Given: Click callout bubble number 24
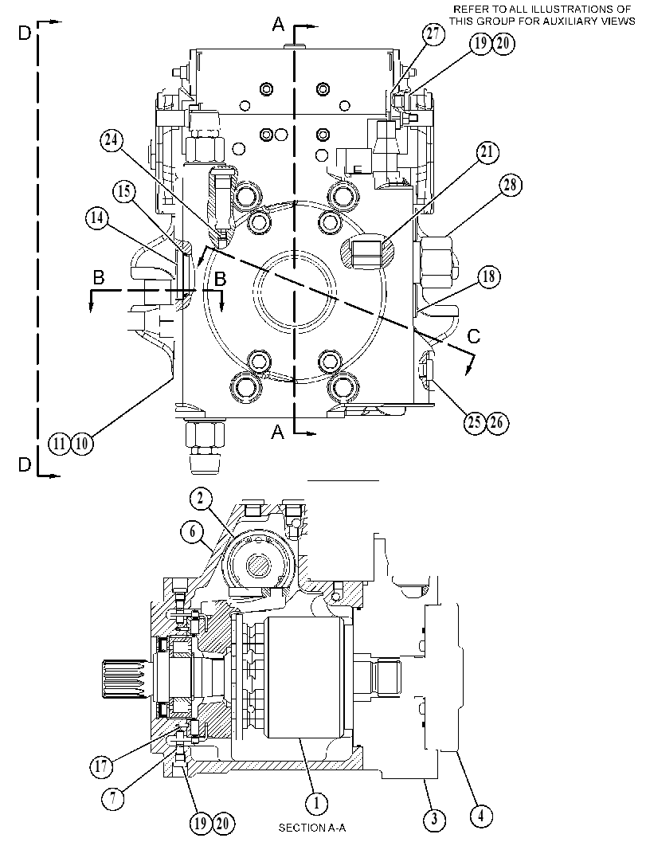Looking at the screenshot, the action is [x=112, y=141].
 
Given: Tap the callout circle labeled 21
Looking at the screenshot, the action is [x=487, y=152].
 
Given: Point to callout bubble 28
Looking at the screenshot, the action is [x=510, y=186].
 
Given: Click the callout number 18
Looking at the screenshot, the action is [x=488, y=277].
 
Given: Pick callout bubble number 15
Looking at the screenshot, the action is [x=124, y=192].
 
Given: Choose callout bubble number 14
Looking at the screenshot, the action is [x=97, y=218].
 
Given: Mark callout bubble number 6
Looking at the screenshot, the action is [x=193, y=531].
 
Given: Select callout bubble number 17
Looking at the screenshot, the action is [x=101, y=766].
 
